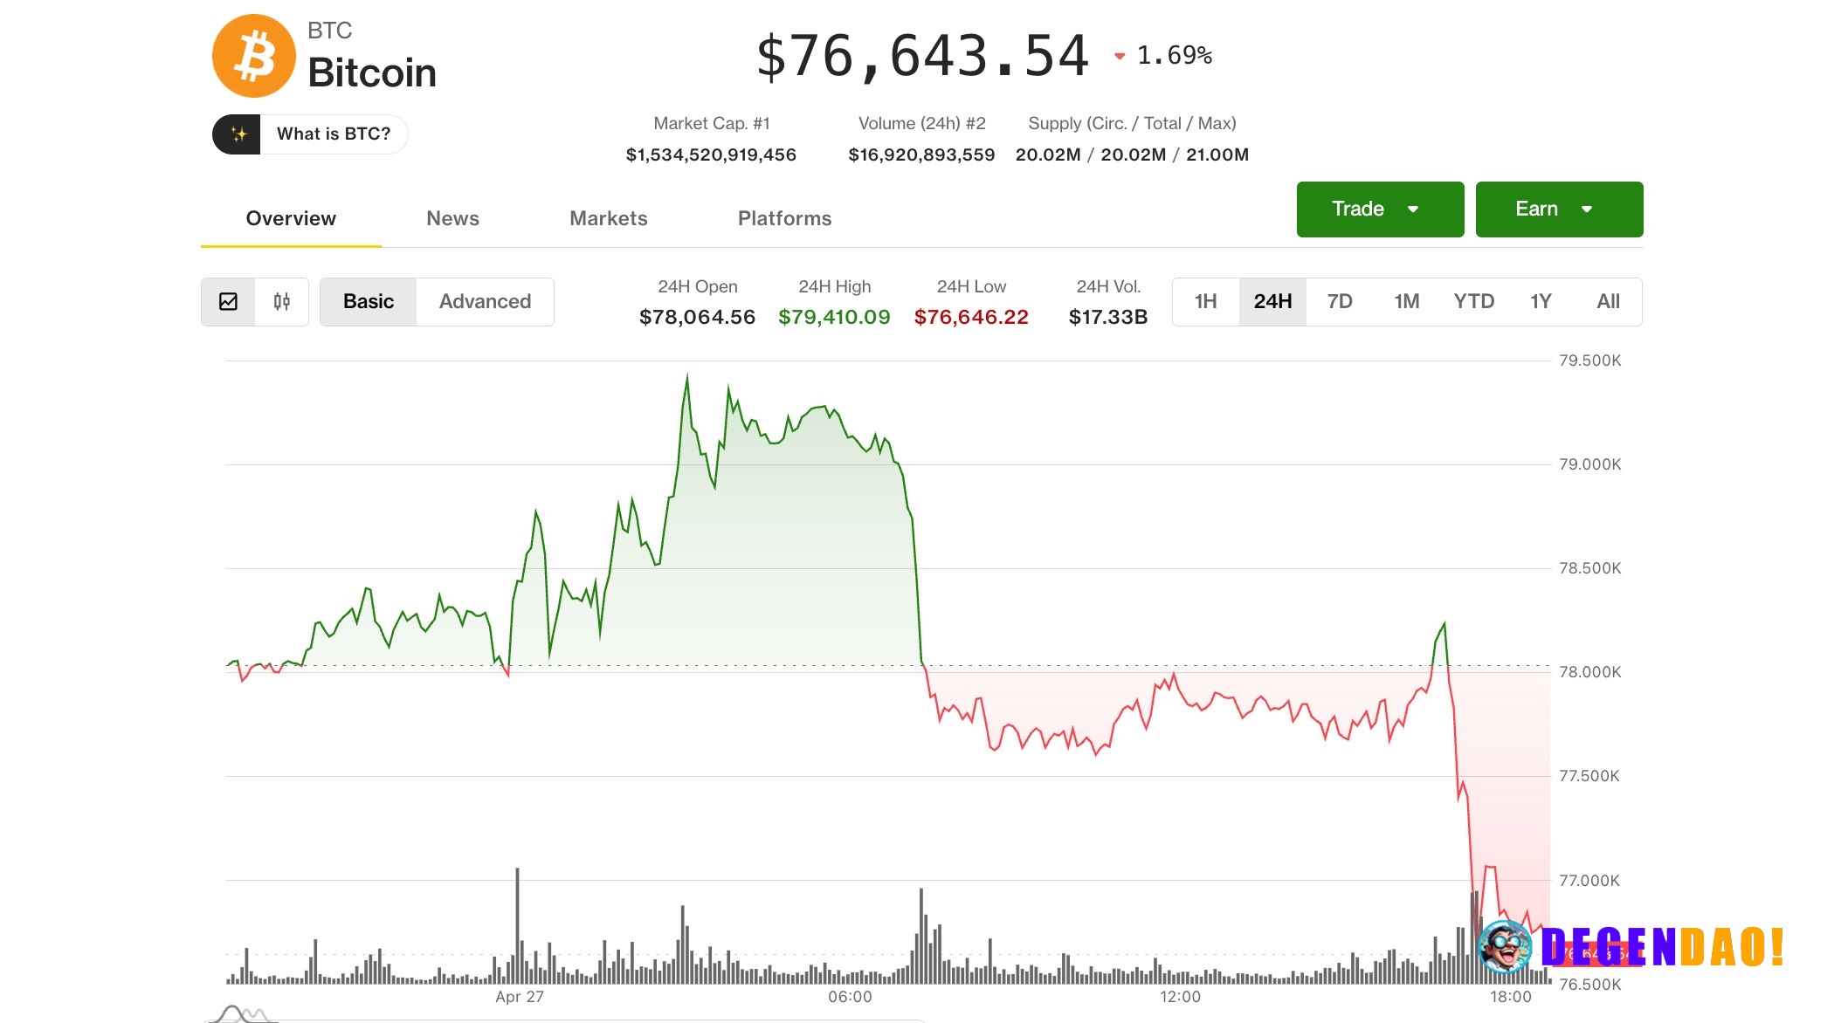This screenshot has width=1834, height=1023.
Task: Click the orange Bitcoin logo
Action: (254, 56)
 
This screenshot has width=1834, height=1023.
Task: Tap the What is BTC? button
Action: (310, 134)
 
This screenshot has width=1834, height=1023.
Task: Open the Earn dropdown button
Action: (1558, 209)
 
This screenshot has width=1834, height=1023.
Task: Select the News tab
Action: (452, 218)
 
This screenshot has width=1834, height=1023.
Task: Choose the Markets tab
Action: (608, 218)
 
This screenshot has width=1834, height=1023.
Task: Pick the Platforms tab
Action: (784, 218)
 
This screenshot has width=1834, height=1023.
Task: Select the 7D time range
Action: (1339, 302)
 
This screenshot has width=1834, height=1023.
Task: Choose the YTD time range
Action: (1473, 302)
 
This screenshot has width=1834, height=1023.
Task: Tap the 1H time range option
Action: (1205, 302)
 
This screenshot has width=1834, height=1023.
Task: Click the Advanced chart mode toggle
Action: (485, 302)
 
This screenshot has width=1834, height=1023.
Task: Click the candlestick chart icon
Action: (281, 302)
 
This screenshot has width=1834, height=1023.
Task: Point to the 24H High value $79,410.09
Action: (834, 318)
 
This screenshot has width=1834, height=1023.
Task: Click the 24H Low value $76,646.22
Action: (971, 318)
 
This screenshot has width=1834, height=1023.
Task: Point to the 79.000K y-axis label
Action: (1589, 464)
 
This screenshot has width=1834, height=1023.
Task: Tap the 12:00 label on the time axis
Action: (1180, 997)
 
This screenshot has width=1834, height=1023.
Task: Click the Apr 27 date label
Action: (520, 997)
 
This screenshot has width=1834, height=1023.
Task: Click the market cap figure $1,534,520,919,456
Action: (711, 155)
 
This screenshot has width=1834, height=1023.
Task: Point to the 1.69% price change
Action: (1174, 56)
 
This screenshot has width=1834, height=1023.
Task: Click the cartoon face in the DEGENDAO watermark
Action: (1504, 947)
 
